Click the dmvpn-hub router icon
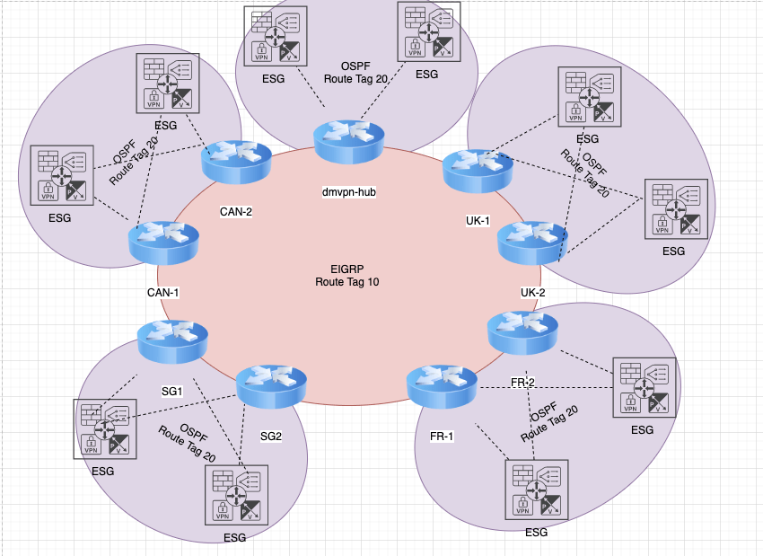click(347, 140)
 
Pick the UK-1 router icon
click(478, 171)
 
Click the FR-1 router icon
click(440, 385)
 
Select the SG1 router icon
click(171, 341)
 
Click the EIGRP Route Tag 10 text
click(346, 275)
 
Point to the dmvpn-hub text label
click(348, 192)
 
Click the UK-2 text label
click(533, 293)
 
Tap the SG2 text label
click(271, 437)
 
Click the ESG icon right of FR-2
click(643, 387)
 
